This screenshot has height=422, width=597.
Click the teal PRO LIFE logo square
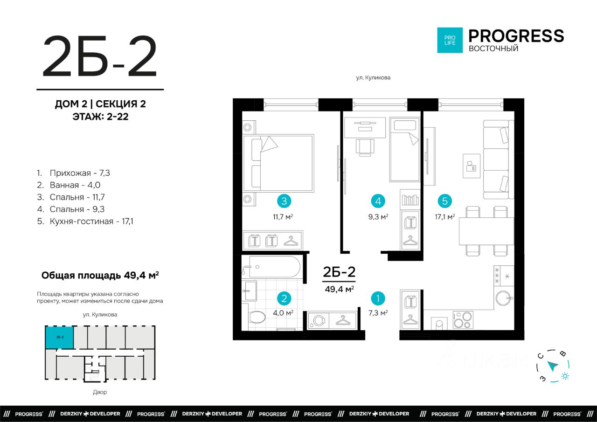tap(450, 40)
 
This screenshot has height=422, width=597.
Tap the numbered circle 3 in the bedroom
tap(284, 201)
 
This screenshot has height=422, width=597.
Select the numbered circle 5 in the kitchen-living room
tap(444, 201)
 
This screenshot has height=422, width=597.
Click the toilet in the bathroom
tap(256, 316)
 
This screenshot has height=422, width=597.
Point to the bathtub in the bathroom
tap(275, 267)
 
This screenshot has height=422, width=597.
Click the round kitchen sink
tap(503, 298)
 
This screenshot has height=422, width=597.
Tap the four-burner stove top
tap(463, 319)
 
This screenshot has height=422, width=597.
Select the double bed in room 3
tap(278, 163)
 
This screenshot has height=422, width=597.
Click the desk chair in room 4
tap(365, 147)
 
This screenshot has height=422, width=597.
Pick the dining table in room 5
tap(486, 231)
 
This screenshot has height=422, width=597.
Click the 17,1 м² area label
tap(444, 217)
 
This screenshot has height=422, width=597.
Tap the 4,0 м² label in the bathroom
tap(283, 313)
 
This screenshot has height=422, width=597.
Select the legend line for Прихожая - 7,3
tap(73, 173)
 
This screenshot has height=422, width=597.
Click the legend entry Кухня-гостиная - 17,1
tap(85, 221)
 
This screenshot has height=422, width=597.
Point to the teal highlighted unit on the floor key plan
tap(59, 337)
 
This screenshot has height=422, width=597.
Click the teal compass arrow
tap(553, 366)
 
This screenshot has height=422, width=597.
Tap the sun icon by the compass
tap(565, 376)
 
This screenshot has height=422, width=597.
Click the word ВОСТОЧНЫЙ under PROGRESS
tap(493, 48)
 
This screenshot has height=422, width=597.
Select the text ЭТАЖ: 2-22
tap(100, 117)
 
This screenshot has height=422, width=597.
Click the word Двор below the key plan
tap(100, 392)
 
